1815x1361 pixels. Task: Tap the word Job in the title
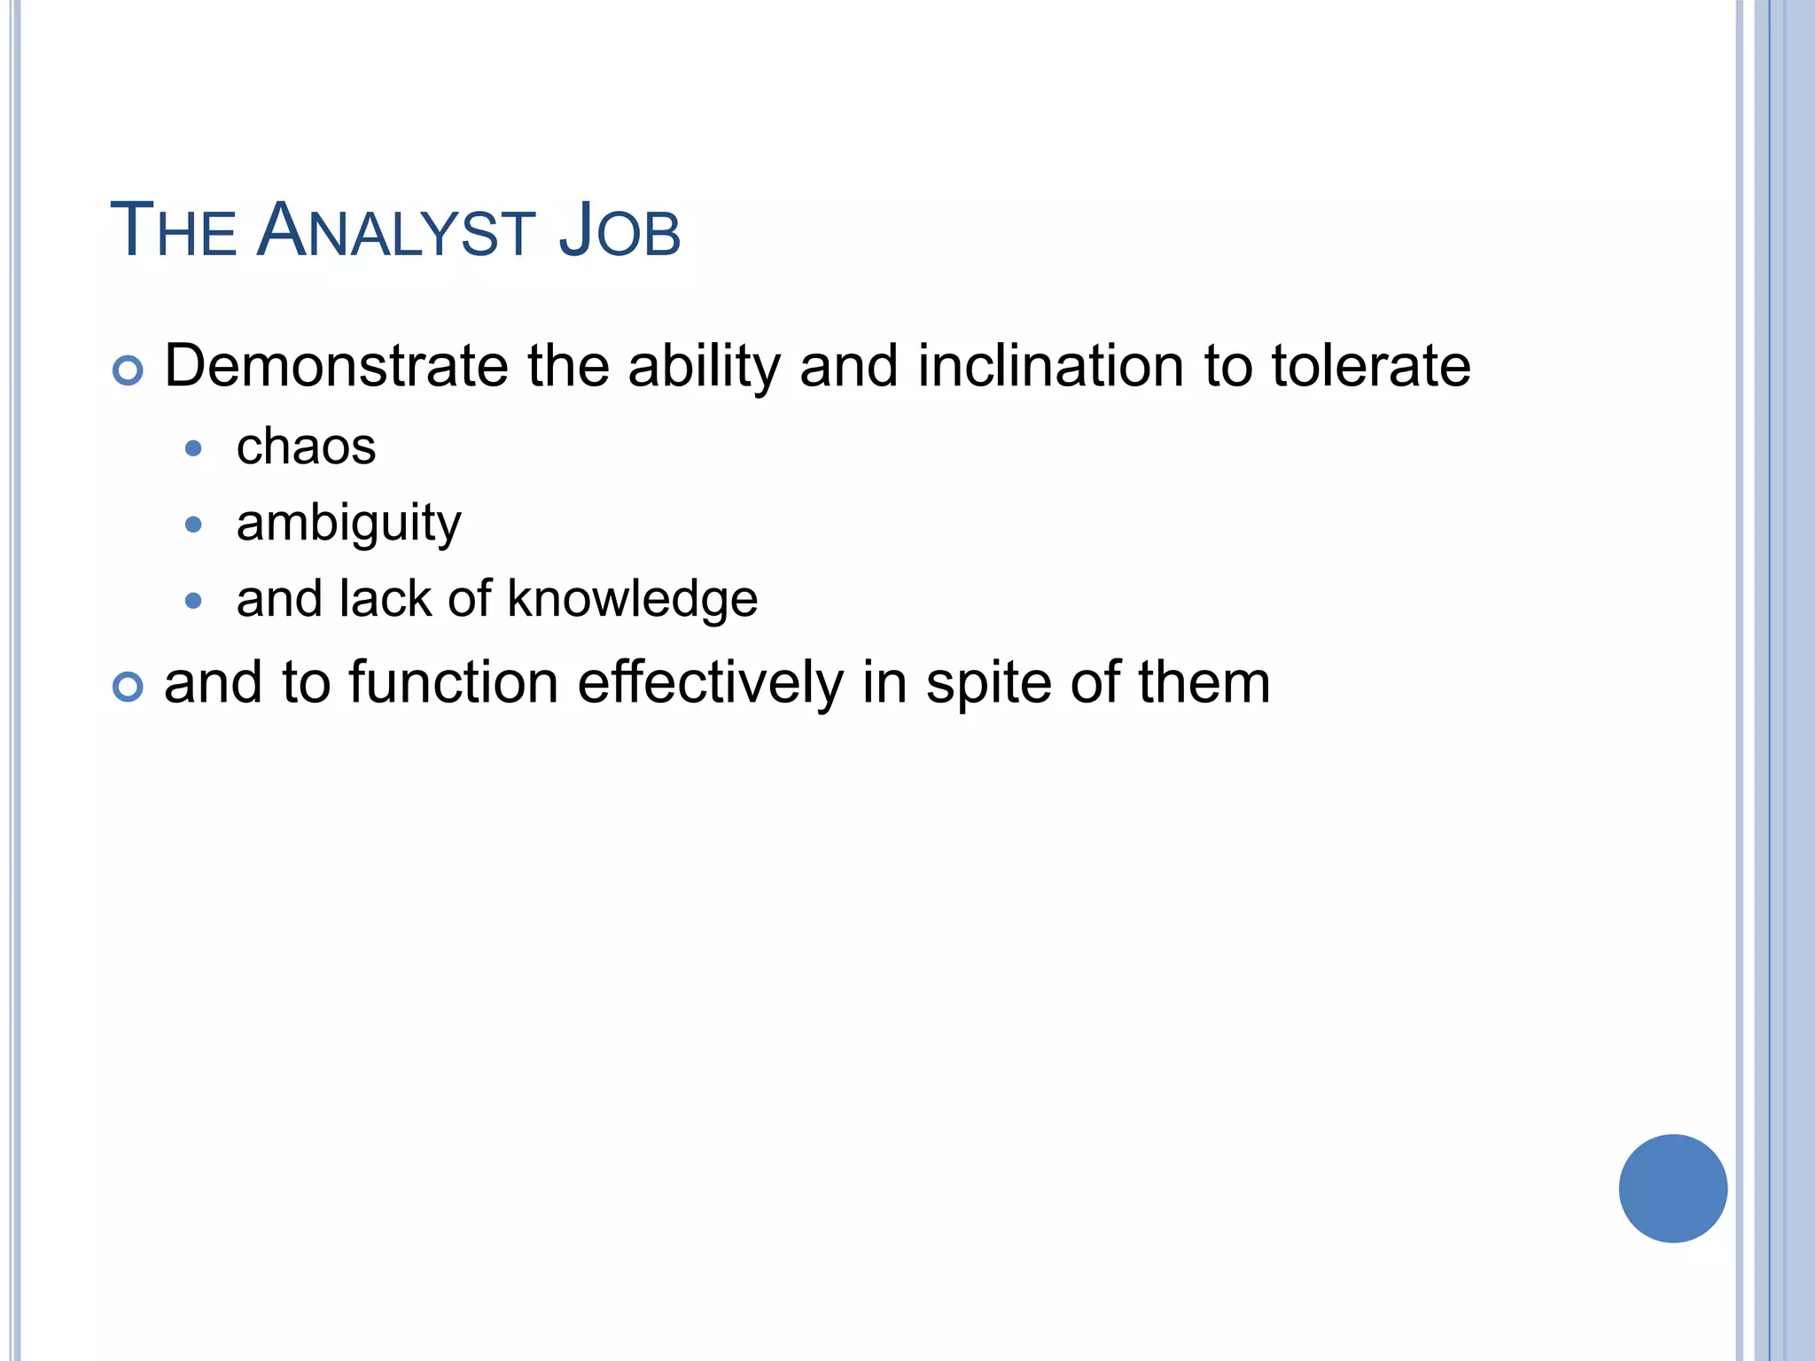point(619,232)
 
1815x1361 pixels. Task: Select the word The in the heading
point(173,232)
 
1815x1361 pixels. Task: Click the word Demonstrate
point(336,366)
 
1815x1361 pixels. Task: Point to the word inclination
point(1050,366)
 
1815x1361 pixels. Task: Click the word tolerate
point(1370,366)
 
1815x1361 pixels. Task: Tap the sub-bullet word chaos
point(306,447)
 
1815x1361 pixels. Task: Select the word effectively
point(711,685)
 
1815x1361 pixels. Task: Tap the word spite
point(989,685)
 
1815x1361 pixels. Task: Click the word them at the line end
point(1204,683)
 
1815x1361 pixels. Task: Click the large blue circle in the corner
point(1672,1188)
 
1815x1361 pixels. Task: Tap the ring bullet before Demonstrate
point(129,370)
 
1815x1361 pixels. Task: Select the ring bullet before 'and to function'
point(129,687)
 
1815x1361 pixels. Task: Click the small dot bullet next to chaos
point(193,448)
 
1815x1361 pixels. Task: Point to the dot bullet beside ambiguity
point(193,525)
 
